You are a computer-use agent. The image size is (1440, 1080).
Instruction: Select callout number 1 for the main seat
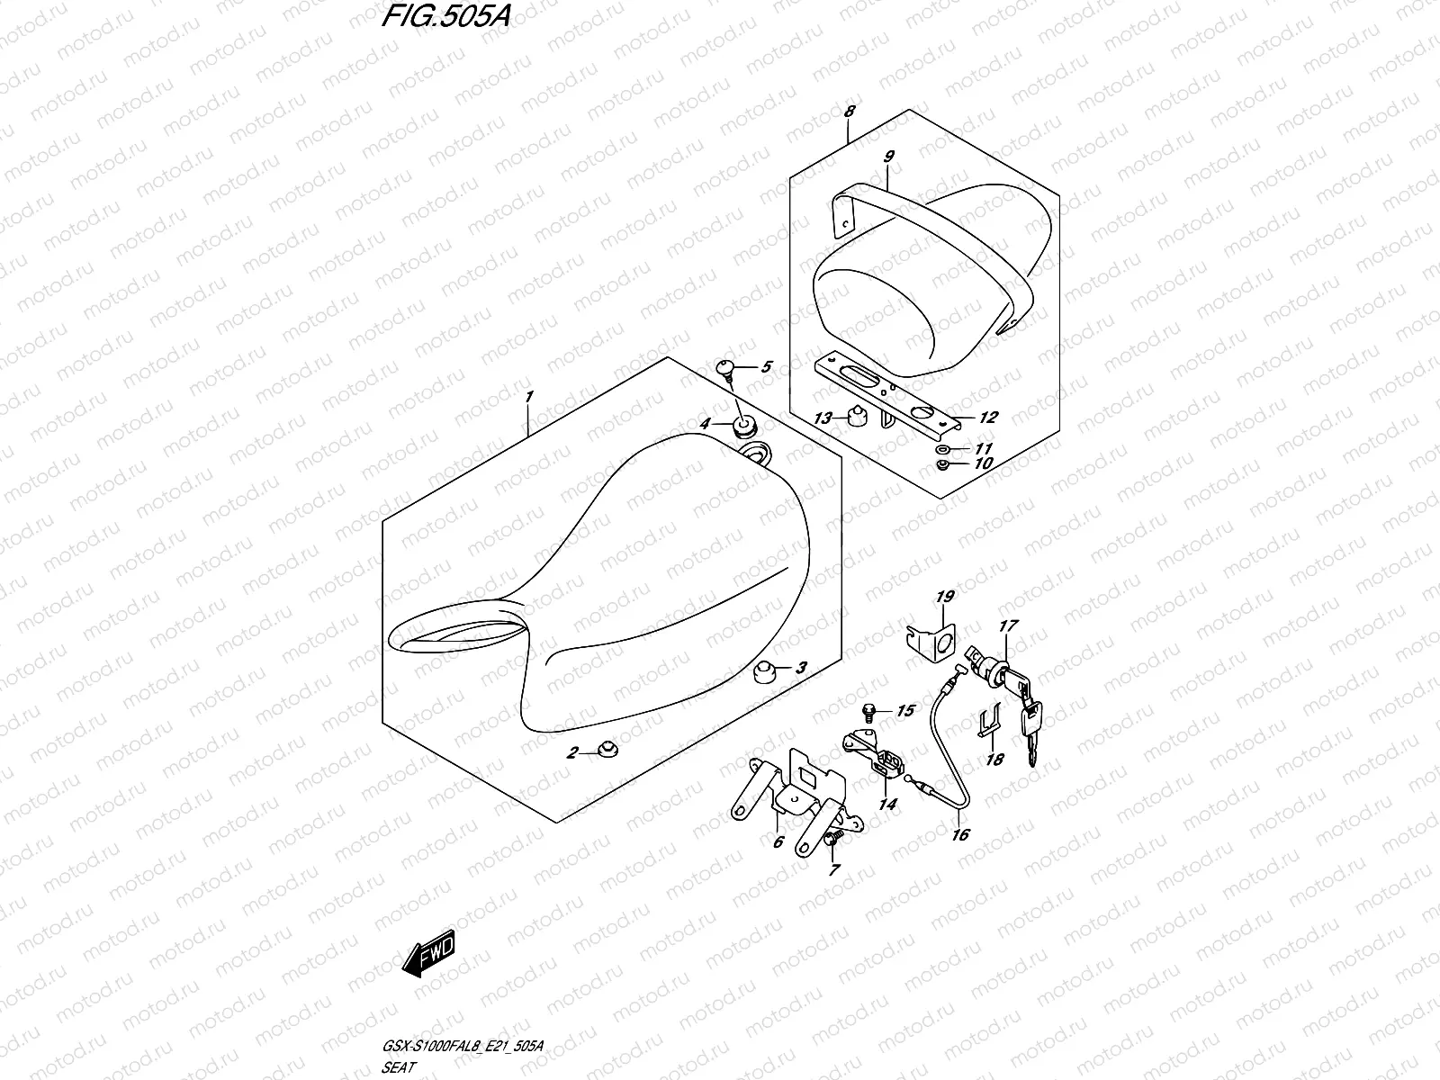530,397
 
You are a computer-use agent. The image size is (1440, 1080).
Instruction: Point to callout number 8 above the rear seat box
850,112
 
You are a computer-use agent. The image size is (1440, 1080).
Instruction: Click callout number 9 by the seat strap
888,157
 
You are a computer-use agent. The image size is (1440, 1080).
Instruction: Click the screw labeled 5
726,367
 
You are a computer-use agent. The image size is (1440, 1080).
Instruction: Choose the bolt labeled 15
868,711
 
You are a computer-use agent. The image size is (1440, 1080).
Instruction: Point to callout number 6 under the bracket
778,842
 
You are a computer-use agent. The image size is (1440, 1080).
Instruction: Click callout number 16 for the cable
960,835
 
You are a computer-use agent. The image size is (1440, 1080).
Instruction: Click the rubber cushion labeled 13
857,417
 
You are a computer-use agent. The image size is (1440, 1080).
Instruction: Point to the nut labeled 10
941,465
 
